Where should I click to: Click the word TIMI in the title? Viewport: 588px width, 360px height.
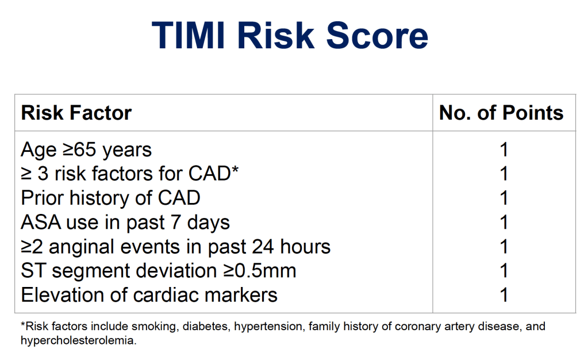click(x=189, y=35)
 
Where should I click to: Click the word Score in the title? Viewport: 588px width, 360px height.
click(x=377, y=35)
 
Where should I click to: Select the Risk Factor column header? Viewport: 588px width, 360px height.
click(x=76, y=113)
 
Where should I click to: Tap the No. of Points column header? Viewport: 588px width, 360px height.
click(x=501, y=113)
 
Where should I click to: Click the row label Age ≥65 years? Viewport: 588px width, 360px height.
click(x=86, y=150)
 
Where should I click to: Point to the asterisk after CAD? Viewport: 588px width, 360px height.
click(x=235, y=169)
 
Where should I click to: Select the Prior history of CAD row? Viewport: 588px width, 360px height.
click(x=110, y=198)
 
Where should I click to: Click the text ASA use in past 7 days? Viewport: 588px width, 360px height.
click(x=125, y=222)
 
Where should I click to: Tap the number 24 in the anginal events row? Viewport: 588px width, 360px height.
click(x=263, y=247)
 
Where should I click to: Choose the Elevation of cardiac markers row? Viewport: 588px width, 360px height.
click(x=149, y=294)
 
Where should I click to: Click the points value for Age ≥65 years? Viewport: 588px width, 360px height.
click(x=504, y=150)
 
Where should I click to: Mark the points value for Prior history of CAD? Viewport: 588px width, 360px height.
click(x=504, y=198)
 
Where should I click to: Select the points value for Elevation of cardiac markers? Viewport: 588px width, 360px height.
click(x=504, y=294)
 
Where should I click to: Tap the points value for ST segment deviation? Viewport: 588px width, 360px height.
click(x=504, y=271)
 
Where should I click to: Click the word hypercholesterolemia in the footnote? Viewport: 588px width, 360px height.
click(x=78, y=341)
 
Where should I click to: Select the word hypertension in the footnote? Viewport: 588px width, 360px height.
click(x=268, y=327)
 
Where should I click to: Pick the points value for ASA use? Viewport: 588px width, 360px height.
click(x=504, y=222)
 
